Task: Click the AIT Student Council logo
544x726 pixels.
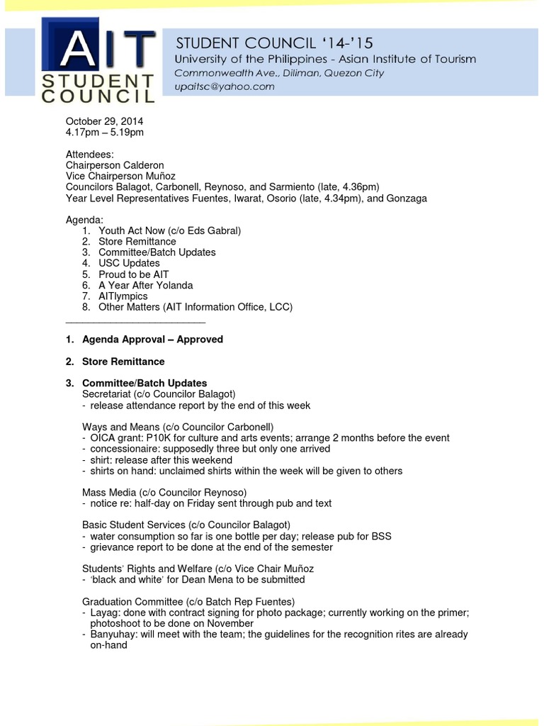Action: pos(97,62)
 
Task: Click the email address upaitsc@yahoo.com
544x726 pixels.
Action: pos(225,86)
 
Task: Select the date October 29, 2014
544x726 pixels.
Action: pos(104,121)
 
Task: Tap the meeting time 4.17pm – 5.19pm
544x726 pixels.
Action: pos(104,132)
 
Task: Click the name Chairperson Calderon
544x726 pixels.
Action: pos(115,165)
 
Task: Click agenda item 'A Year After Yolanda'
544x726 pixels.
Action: pos(146,285)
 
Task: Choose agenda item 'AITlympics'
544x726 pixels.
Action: pos(123,296)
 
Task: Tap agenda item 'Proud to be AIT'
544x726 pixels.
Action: pos(133,274)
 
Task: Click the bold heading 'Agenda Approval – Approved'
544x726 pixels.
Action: pos(152,340)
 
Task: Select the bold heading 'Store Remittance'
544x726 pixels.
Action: pos(123,362)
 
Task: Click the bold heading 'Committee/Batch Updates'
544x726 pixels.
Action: pos(144,384)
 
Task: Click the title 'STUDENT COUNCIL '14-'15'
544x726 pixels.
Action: pos(274,43)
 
